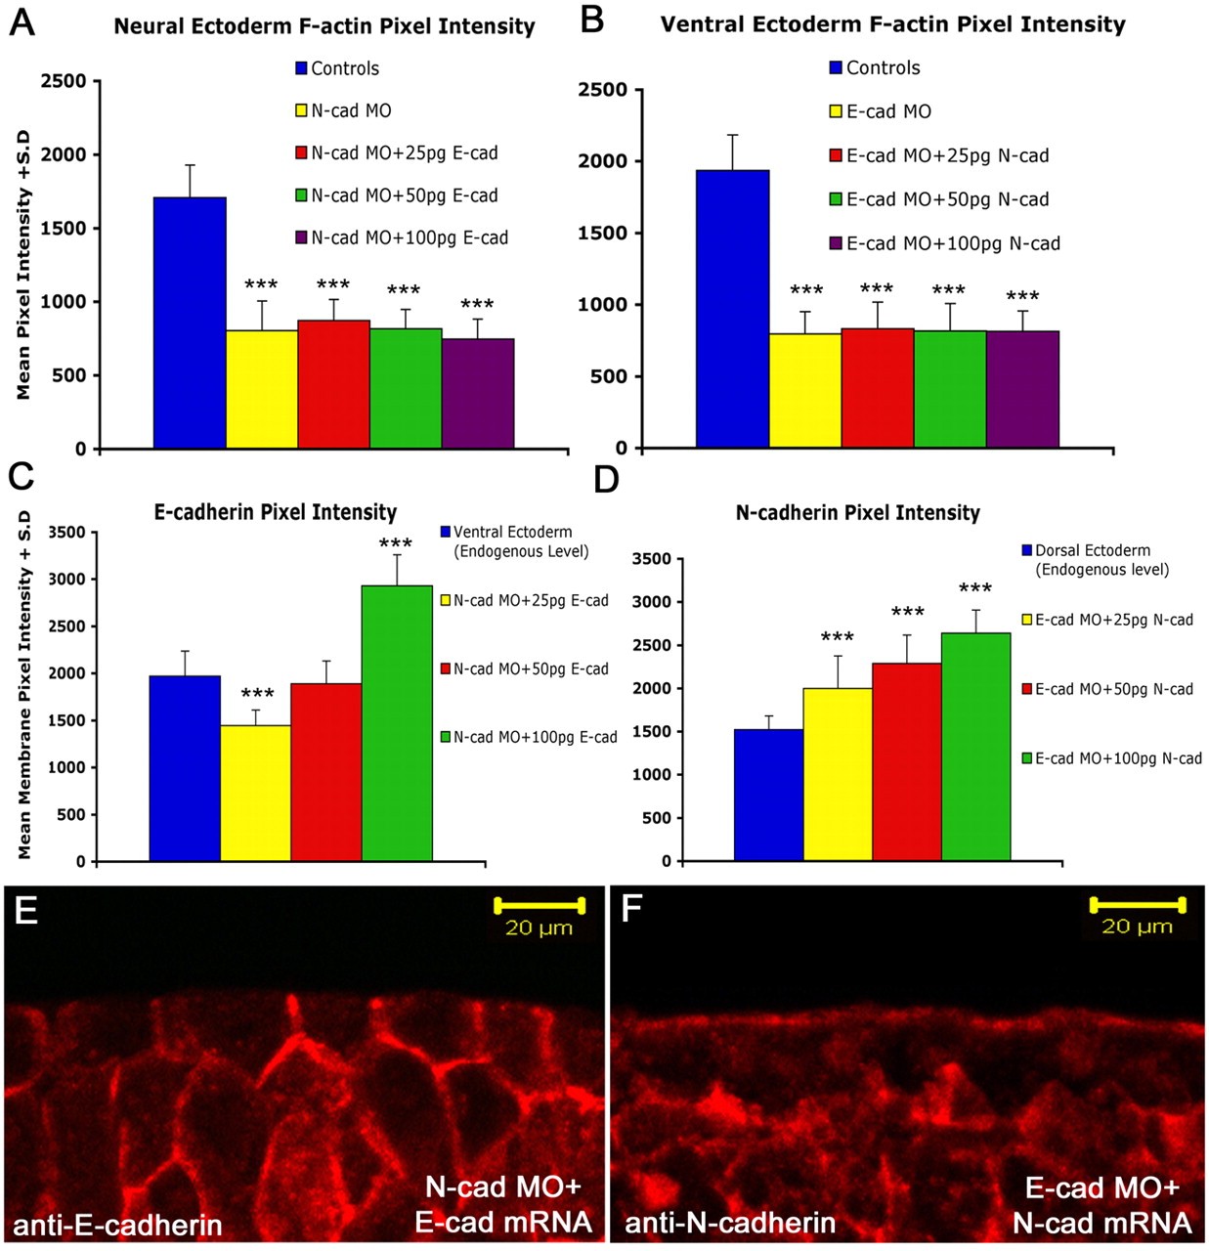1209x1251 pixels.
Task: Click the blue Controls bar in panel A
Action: pos(190,323)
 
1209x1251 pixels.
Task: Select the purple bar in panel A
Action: pos(477,393)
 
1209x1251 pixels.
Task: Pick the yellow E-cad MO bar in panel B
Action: pos(804,390)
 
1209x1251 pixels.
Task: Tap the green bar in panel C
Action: pos(397,723)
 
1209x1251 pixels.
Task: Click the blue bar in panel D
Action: pos(768,795)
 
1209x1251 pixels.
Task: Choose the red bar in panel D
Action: pos(907,761)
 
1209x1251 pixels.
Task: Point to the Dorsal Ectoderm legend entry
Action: pos(1095,559)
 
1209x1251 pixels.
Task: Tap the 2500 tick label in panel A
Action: pos(64,81)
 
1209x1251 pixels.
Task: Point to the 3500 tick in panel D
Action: pos(652,559)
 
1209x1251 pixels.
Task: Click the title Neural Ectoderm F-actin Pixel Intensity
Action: pos(324,26)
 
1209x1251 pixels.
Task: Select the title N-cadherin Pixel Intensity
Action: pos(857,513)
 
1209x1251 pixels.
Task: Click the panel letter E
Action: pos(26,911)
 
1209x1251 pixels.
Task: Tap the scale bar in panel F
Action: pos(1137,904)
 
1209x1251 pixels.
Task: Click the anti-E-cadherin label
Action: pos(117,1224)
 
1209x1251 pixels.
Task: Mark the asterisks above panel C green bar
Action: pos(396,544)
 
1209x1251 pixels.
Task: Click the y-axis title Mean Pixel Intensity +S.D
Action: pos(23,264)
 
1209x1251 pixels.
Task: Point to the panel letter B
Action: pos(591,20)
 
